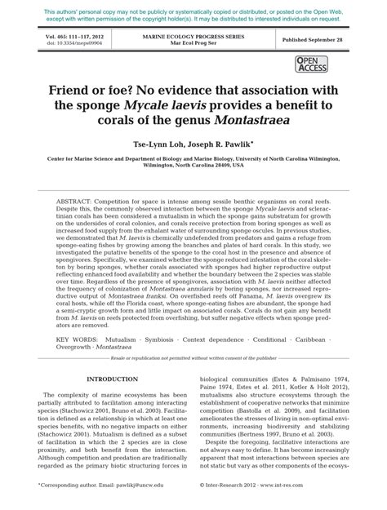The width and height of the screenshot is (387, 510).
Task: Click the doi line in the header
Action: [x=66, y=44]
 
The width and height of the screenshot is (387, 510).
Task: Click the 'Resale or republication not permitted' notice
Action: [x=193, y=335]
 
